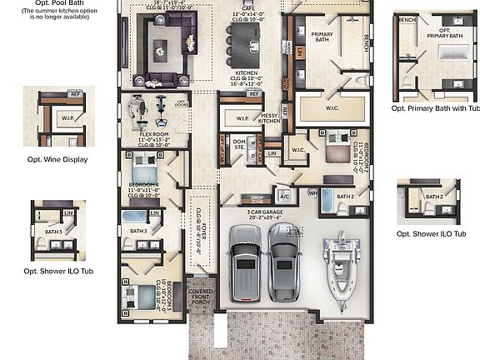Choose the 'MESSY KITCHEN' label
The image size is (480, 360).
pyautogui.click(x=269, y=117)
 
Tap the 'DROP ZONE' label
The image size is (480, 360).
pyautogui.click(x=252, y=199)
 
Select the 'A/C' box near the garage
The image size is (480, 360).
pyautogui.click(x=283, y=197)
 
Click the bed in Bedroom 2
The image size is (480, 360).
pyautogui.click(x=336, y=152)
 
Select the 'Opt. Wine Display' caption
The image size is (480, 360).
pyautogui.click(x=57, y=159)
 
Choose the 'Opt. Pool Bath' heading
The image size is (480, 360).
pyautogui.click(x=57, y=4)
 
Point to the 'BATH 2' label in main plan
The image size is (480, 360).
pyautogui.click(x=347, y=196)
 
